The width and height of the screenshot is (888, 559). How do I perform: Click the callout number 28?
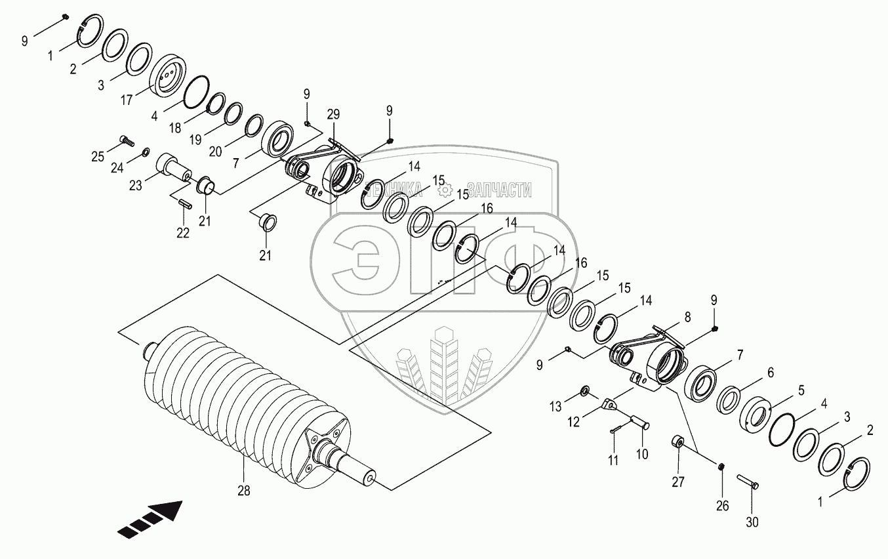click(x=243, y=490)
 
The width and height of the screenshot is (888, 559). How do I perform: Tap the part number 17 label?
click(x=127, y=100)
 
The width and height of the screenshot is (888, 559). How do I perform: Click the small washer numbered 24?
click(x=145, y=153)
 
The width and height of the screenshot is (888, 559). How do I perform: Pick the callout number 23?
click(x=136, y=186)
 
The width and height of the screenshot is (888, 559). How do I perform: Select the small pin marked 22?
click(x=184, y=203)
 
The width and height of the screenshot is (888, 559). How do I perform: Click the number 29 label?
click(x=333, y=115)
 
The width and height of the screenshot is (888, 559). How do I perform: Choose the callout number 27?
click(x=677, y=483)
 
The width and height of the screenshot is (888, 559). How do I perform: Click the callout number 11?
click(x=613, y=460)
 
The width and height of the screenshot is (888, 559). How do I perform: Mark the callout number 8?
click(x=687, y=316)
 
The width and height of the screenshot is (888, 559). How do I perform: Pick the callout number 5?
click(x=801, y=389)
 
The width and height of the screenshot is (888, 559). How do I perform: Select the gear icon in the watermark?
click(x=446, y=190)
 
